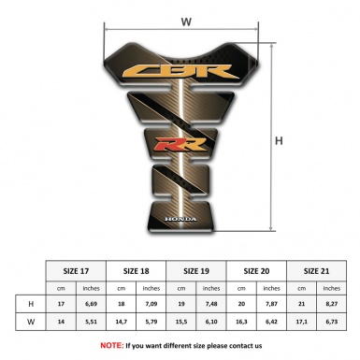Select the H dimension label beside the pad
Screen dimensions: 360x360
(279, 142)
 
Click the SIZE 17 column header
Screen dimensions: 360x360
(77, 269)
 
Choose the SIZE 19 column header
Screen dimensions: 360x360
(198, 269)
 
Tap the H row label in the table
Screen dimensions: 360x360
(32, 304)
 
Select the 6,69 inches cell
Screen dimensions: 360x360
(92, 304)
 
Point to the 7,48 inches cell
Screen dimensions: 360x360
(213, 304)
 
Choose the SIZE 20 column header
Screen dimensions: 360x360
(258, 269)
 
